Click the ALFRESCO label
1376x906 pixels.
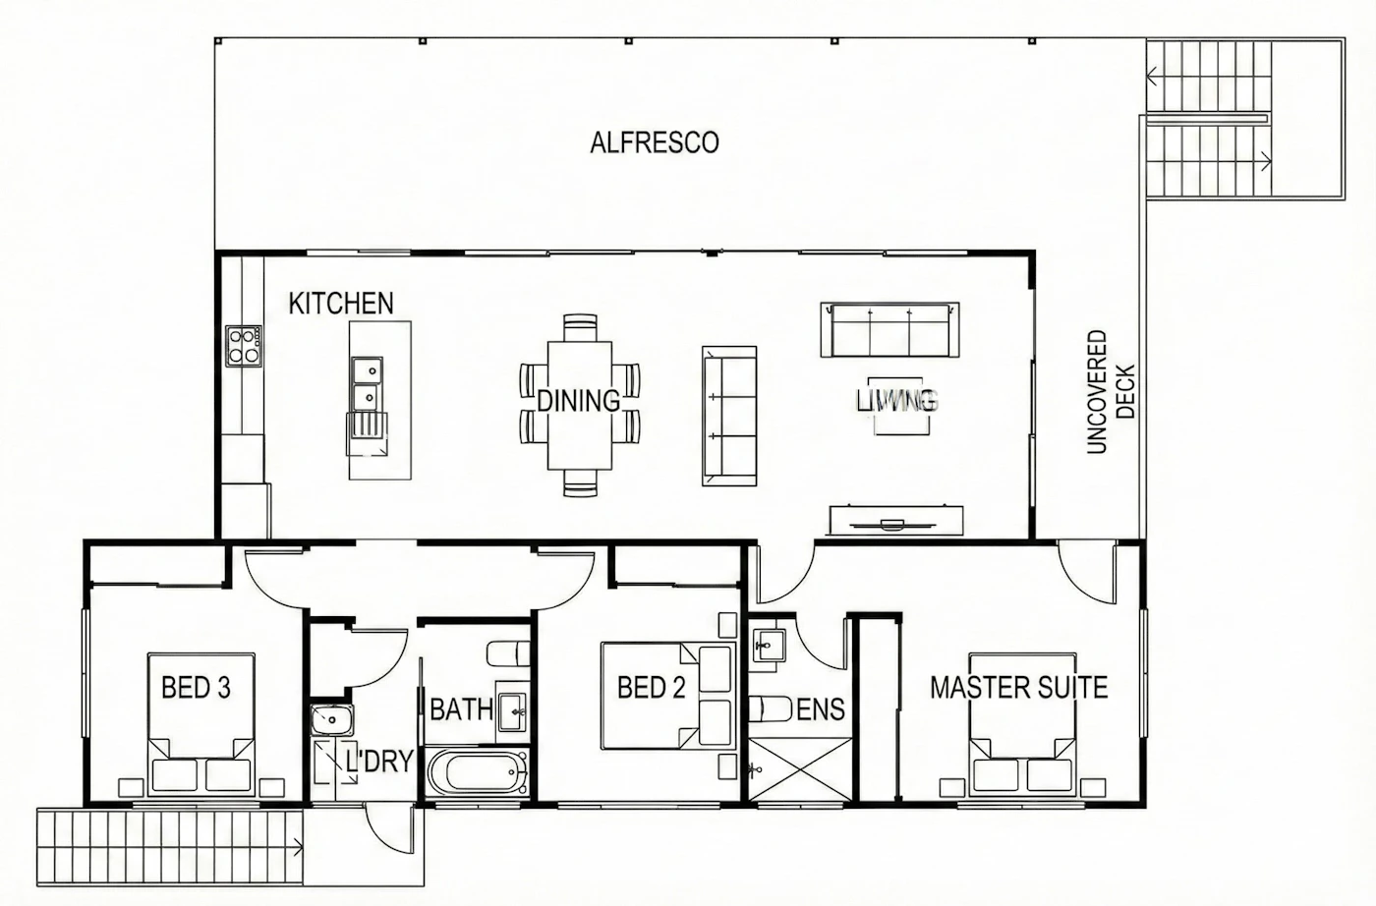click(x=655, y=142)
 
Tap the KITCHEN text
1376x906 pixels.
click(x=341, y=304)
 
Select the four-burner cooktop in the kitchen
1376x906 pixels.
click(x=244, y=347)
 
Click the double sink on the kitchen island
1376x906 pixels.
click(x=368, y=384)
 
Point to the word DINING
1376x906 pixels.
click(x=579, y=401)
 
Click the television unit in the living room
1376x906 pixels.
click(x=896, y=520)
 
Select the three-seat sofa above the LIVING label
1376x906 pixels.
click(x=890, y=329)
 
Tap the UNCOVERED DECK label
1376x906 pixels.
click(x=1110, y=392)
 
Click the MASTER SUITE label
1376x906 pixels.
click(x=1018, y=687)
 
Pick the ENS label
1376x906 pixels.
click(x=821, y=710)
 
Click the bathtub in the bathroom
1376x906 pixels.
click(x=478, y=772)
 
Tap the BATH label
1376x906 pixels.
click(x=461, y=710)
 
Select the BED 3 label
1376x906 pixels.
click(x=196, y=687)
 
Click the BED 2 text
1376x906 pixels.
click(x=651, y=687)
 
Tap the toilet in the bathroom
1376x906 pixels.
click(x=509, y=653)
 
